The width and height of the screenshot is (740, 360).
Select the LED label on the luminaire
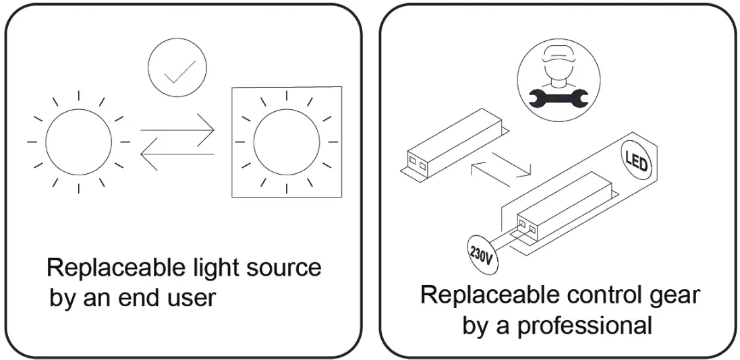(x=635, y=164)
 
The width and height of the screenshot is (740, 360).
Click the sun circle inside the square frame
(x=285, y=142)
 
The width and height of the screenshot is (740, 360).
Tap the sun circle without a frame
(x=78, y=142)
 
